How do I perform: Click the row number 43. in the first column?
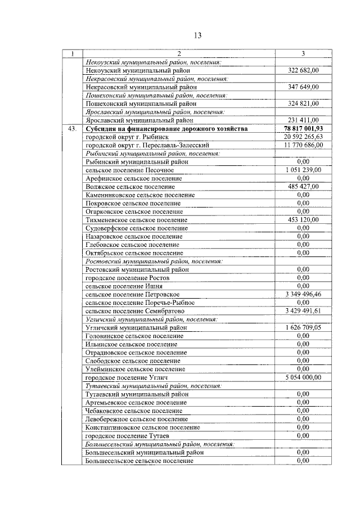pos(72,129)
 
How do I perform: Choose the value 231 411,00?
pos(303,120)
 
